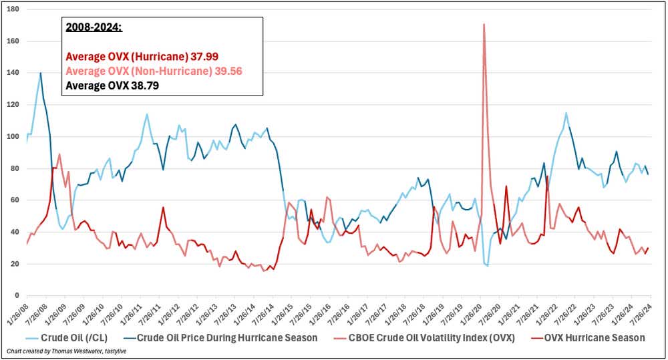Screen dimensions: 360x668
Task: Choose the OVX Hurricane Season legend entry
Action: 595,338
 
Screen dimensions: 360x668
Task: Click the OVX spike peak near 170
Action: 483,25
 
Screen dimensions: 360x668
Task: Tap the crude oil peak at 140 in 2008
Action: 40,73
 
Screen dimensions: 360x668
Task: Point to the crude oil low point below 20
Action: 488,266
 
